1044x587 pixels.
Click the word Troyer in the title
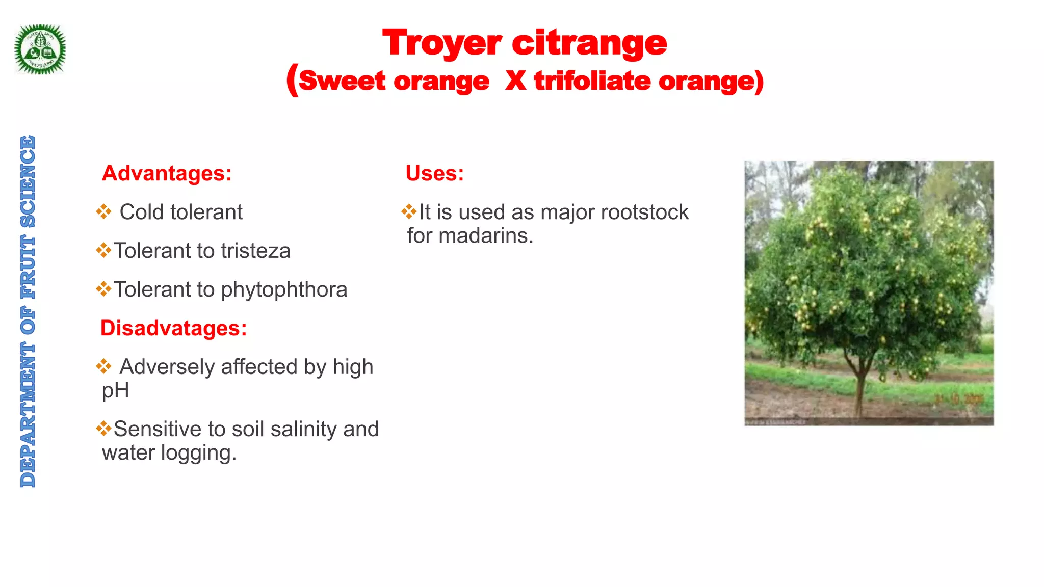pyautogui.click(x=442, y=43)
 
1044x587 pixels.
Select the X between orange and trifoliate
pyautogui.click(x=515, y=81)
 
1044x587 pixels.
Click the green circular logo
pyautogui.click(x=40, y=49)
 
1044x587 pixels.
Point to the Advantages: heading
pyautogui.click(x=167, y=173)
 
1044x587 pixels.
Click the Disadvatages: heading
pyautogui.click(x=173, y=328)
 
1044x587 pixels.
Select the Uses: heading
pyautogui.click(x=435, y=173)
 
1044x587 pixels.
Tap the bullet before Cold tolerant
pyautogui.click(x=103, y=212)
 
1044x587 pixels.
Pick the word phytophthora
pyautogui.click(x=284, y=289)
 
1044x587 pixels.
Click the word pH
pyautogui.click(x=115, y=391)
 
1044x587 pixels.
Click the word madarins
pyautogui.click(x=485, y=236)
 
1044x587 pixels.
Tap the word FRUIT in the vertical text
pyautogui.click(x=28, y=267)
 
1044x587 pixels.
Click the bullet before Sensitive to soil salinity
pyautogui.click(x=103, y=429)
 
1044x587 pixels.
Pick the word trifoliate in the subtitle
pyautogui.click(x=592, y=81)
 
